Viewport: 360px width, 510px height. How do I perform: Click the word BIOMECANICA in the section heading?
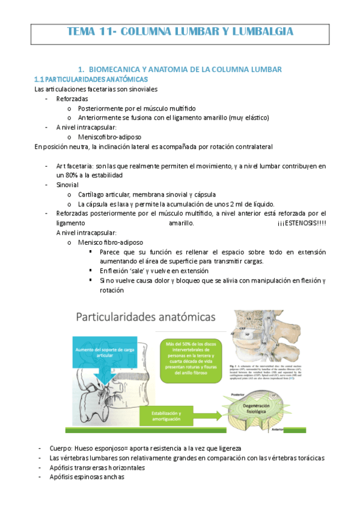114,70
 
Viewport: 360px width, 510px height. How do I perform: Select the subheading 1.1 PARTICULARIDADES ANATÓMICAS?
91,79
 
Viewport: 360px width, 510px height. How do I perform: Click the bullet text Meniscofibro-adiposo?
109,137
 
